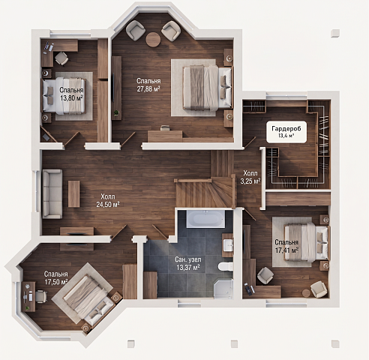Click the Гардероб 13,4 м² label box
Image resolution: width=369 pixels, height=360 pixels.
pyautogui.click(x=286, y=132)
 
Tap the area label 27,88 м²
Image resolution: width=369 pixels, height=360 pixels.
pyautogui.click(x=148, y=89)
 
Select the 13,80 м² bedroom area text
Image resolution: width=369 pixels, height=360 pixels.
pyautogui.click(x=71, y=97)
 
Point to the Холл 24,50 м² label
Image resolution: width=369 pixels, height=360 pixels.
pyautogui.click(x=108, y=200)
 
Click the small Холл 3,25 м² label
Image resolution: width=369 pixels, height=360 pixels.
pyautogui.click(x=250, y=177)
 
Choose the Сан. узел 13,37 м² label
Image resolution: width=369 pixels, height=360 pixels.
pyautogui.click(x=188, y=264)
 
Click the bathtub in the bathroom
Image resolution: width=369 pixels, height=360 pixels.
pyautogui.click(x=206, y=219)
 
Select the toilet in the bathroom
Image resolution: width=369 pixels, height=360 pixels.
pyautogui.click(x=226, y=266)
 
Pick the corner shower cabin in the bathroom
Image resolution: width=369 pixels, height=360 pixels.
pyautogui.click(x=223, y=289)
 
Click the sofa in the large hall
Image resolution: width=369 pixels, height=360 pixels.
pyautogui.click(x=52, y=194)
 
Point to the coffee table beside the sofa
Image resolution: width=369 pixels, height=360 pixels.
pyautogui.click(x=74, y=193)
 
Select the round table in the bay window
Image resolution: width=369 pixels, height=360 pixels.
pyautogui.click(x=153, y=40)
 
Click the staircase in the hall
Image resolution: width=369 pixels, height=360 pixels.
pyautogui.click(x=205, y=186)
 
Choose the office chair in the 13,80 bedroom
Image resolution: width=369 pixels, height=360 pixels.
pyautogui.click(x=61, y=58)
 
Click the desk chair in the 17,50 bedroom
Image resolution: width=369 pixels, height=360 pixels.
pyautogui.click(x=41, y=296)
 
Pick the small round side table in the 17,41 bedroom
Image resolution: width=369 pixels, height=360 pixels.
pyautogui.click(x=306, y=292)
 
